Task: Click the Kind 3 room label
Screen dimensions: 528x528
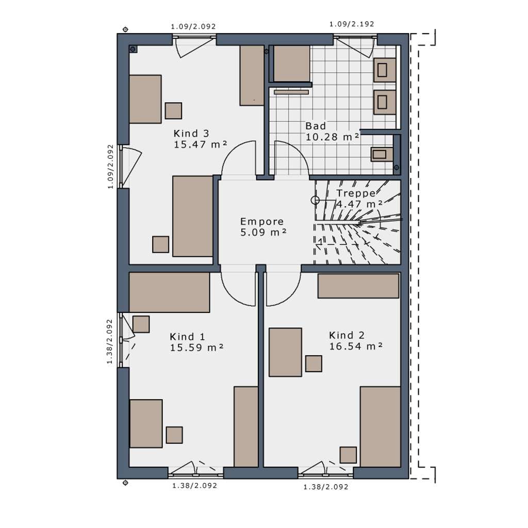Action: coord(191,134)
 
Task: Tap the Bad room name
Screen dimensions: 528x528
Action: coord(316,126)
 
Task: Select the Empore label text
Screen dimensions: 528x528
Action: coord(262,222)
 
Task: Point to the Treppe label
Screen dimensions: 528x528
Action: coord(356,193)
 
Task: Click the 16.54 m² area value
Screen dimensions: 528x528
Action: coord(356,346)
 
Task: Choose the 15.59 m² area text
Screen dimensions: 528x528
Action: coord(196,348)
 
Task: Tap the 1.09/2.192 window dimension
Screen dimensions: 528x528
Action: coord(352,24)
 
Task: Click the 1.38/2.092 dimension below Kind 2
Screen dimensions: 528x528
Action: coord(326,487)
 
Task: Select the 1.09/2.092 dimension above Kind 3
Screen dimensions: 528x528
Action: coord(193,26)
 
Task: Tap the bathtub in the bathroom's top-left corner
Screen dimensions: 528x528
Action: coord(292,63)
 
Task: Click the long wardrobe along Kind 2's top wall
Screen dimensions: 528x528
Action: coord(358,286)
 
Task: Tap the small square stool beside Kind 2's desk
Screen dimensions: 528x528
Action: coord(313,364)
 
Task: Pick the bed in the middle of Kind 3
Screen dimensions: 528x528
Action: coord(193,216)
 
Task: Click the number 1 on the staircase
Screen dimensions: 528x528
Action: coord(320,241)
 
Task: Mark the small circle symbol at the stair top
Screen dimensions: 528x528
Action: coord(315,201)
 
